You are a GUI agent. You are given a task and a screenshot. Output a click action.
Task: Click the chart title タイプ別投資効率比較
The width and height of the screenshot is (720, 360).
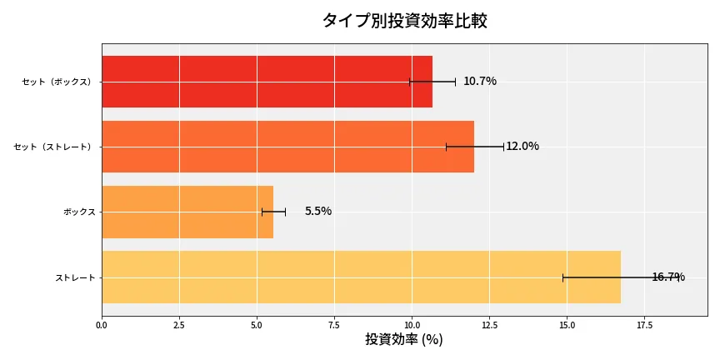point(404,21)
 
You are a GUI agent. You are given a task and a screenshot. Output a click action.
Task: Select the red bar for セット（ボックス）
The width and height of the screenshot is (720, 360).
point(267,82)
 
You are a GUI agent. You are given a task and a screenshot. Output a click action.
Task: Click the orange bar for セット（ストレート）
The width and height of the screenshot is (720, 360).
point(287,147)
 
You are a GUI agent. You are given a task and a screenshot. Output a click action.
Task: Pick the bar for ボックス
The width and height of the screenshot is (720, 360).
point(187,212)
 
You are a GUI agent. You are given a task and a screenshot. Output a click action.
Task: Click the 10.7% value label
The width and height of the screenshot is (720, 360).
point(480,82)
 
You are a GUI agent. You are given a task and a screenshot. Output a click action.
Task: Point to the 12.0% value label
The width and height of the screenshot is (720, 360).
point(522,147)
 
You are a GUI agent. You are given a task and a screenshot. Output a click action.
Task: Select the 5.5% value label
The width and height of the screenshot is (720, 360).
point(317,212)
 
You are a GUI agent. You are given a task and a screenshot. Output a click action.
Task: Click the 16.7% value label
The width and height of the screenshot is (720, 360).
point(668,277)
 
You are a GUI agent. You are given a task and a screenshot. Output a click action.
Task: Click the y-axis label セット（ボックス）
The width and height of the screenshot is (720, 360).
point(57,82)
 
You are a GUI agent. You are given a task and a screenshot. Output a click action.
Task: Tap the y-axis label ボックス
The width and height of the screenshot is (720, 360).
point(79,212)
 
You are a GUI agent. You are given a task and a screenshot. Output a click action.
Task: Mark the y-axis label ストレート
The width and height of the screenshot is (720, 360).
point(75,277)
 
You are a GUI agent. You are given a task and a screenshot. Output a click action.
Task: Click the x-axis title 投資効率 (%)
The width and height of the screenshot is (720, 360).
point(404,340)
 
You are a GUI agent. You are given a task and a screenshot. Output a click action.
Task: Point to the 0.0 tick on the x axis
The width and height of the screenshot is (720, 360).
point(102,325)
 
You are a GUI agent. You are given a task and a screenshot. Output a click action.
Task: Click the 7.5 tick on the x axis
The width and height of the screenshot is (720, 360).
point(334,325)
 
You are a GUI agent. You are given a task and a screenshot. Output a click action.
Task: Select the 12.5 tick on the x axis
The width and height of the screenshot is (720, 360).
point(489,325)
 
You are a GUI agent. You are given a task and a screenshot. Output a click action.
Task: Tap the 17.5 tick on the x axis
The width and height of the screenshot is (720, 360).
point(644,325)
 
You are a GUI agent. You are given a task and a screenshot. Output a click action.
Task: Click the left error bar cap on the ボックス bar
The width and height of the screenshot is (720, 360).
point(262,212)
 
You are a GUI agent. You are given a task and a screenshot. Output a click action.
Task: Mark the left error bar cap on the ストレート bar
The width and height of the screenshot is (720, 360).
point(563,277)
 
